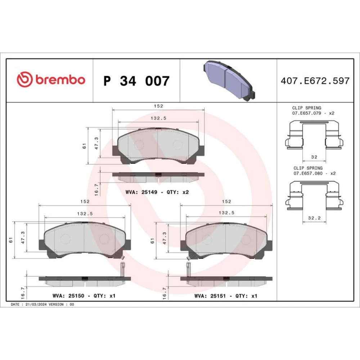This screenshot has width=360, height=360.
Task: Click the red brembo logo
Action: pos(51,80)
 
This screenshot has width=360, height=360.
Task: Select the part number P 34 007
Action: pos(136,81)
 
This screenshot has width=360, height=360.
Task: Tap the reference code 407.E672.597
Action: pos(315,81)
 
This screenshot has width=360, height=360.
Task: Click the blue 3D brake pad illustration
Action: pos(229,81)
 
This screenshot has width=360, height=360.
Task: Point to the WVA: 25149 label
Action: pos(141,192)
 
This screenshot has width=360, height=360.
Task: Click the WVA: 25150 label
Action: pos(68,296)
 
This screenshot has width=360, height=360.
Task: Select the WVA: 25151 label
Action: pos(210,296)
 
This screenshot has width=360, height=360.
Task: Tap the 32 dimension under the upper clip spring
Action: pos(314,157)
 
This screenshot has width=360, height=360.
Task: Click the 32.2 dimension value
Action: pos(314,218)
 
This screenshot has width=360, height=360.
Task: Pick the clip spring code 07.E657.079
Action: pos(306,113)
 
